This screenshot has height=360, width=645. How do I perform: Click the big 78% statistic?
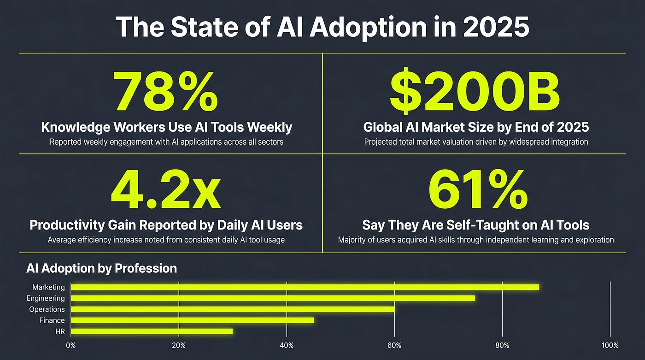[x=165, y=92]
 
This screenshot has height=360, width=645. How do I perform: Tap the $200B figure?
[x=475, y=90]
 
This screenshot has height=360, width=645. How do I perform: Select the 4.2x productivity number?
[x=166, y=189]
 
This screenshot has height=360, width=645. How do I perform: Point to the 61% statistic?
[x=478, y=189]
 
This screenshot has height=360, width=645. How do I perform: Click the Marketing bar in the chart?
[x=305, y=287]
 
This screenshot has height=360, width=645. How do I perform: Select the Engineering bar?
[x=273, y=298]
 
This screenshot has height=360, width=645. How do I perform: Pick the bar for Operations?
[x=233, y=309]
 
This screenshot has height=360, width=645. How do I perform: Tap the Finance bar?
[x=193, y=320]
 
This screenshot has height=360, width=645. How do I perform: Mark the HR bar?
[x=152, y=331]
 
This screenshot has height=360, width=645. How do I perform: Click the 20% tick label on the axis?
[x=179, y=345]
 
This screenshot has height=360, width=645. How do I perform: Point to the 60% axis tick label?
[x=394, y=345]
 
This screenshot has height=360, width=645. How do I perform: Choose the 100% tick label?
[x=610, y=345]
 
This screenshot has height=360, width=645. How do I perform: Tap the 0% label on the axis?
[x=71, y=345]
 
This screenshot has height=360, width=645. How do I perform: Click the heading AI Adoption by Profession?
[x=102, y=268]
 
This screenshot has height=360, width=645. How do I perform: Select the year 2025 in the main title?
[x=496, y=27]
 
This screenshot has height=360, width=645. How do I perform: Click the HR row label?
[x=60, y=332]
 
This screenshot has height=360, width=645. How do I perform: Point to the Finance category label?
[x=52, y=320]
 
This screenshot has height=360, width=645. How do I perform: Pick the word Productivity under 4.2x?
[x=67, y=225]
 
